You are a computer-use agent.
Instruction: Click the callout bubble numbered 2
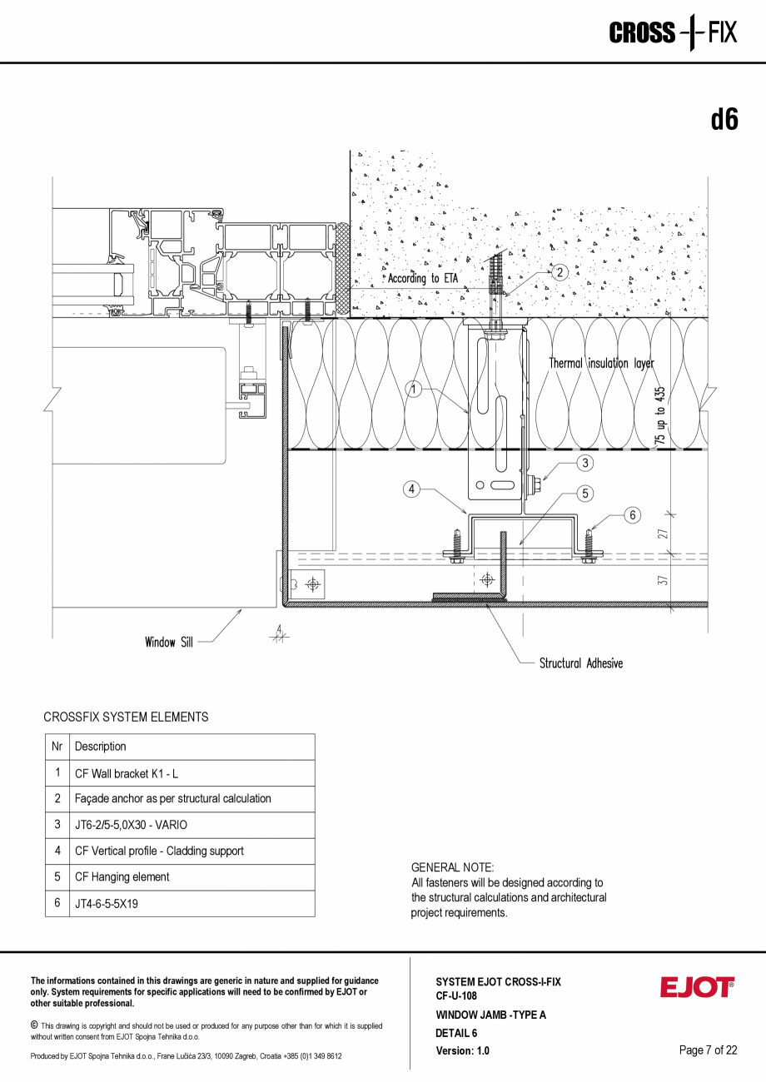pyautogui.click(x=560, y=272)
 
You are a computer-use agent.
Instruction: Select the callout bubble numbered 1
pyautogui.click(x=413, y=388)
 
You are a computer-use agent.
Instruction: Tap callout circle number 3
pyautogui.click(x=585, y=463)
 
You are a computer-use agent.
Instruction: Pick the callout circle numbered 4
pyautogui.click(x=411, y=489)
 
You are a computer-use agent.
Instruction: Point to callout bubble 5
pyautogui.click(x=585, y=494)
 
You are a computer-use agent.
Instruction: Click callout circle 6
pyautogui.click(x=633, y=515)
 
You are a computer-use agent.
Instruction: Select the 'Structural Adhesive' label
pyautogui.click(x=580, y=663)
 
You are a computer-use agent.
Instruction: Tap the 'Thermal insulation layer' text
pyautogui.click(x=601, y=364)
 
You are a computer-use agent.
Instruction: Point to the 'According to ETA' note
pyautogui.click(x=422, y=279)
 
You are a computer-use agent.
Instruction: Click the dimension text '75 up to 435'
pyautogui.click(x=660, y=418)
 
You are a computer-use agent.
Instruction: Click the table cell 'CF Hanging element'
pyautogui.click(x=122, y=876)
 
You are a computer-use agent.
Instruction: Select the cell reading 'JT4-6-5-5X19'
pyautogui.click(x=107, y=903)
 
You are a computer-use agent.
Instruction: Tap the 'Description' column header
pyautogui.click(x=101, y=747)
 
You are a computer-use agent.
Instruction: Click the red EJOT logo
pyautogui.click(x=697, y=987)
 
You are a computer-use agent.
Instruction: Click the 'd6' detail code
pyautogui.click(x=724, y=120)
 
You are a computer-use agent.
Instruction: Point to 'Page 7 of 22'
pyautogui.click(x=708, y=1050)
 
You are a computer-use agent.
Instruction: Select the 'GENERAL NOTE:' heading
pyautogui.click(x=452, y=867)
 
